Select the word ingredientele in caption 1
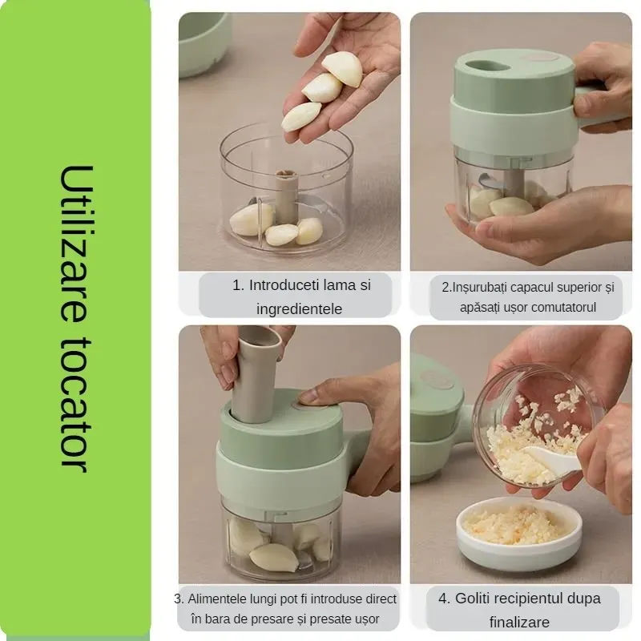click(x=299, y=309)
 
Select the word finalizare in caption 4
click(x=519, y=623)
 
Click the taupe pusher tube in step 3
click(x=256, y=373)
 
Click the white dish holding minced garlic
click(x=518, y=532)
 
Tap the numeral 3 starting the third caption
click(x=178, y=599)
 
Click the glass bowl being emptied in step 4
click(x=538, y=425)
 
